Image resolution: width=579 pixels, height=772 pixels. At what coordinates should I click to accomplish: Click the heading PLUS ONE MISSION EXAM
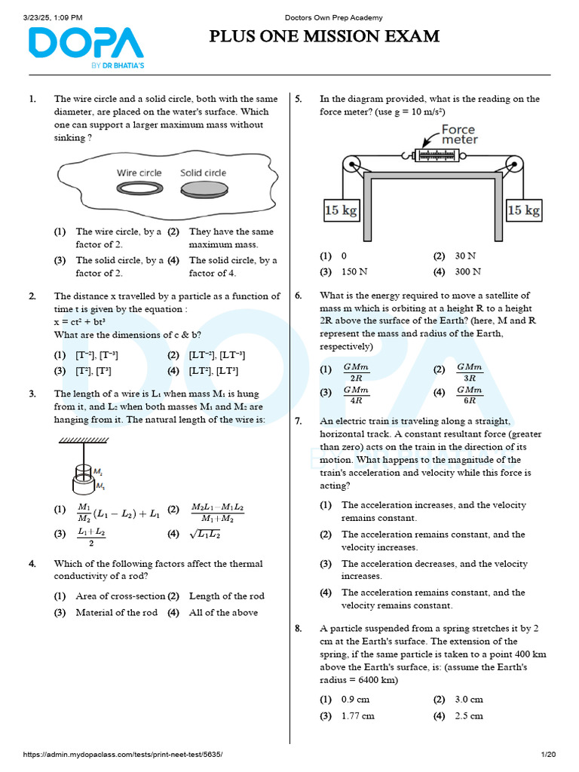(324, 37)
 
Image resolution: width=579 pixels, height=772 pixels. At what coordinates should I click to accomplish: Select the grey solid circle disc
(204, 188)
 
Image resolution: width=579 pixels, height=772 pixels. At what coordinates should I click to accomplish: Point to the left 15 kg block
(341, 210)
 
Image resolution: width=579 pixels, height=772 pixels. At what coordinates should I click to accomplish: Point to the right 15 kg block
(523, 210)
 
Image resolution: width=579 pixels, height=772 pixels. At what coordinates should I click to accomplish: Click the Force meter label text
(459, 134)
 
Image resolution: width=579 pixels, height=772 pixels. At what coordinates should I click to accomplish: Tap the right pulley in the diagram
(515, 166)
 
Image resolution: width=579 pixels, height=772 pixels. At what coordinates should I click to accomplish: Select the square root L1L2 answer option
(206, 535)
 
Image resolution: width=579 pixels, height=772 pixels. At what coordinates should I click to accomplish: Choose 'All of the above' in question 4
(223, 612)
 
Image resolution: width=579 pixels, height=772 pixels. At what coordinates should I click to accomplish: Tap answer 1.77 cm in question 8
(357, 715)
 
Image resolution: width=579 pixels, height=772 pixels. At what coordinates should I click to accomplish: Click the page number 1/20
(548, 755)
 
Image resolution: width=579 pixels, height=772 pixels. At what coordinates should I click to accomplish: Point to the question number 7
(299, 421)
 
